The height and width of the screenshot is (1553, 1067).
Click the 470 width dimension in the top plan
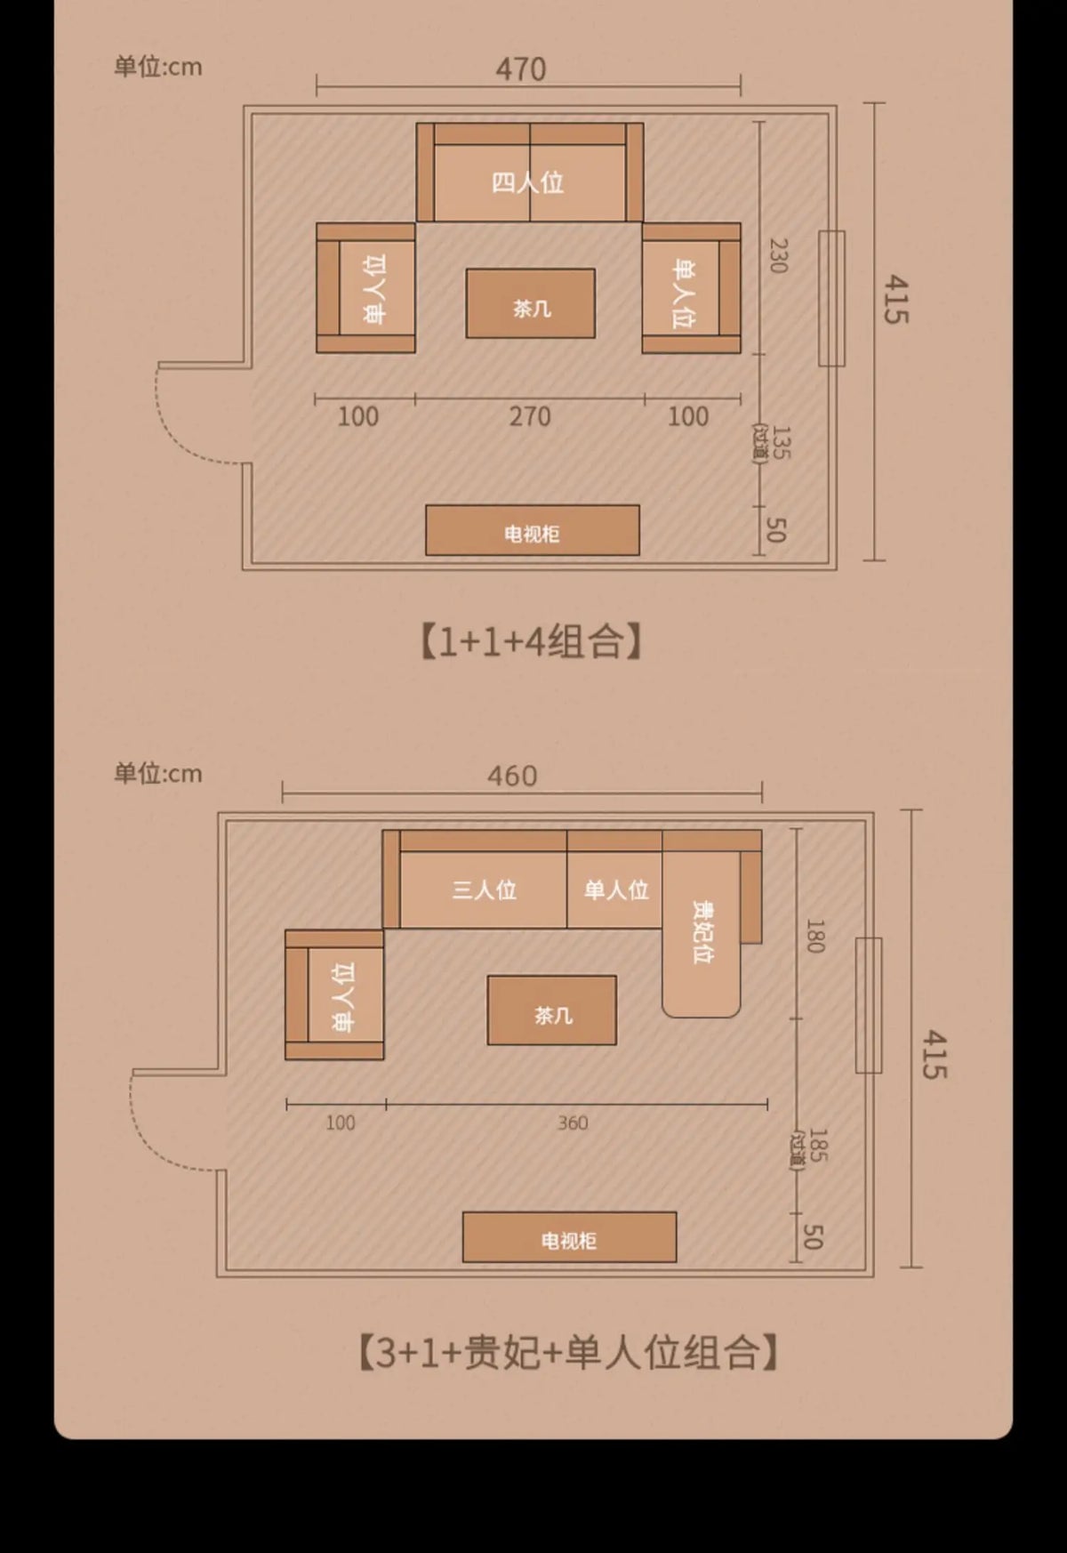[520, 69]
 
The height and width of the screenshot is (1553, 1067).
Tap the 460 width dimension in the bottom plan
[512, 776]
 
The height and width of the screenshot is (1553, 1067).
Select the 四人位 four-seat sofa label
[528, 182]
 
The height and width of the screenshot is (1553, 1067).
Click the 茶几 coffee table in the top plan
[531, 304]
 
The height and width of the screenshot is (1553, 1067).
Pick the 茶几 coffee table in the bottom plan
[552, 1011]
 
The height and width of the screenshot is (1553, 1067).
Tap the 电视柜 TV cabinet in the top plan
[532, 531]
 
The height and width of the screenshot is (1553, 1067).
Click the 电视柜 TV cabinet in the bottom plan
[569, 1237]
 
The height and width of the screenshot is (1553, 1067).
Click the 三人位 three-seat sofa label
[484, 889]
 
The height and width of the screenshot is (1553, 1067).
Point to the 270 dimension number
[530, 416]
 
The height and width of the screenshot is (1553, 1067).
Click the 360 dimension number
[573, 1123]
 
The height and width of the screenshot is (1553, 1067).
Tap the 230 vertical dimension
[778, 255]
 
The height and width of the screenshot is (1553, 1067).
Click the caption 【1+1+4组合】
[531, 641]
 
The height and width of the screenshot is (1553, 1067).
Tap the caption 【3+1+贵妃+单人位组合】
[568, 1353]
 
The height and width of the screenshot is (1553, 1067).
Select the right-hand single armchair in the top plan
[691, 289]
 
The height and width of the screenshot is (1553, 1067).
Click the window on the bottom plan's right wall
[868, 1005]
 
